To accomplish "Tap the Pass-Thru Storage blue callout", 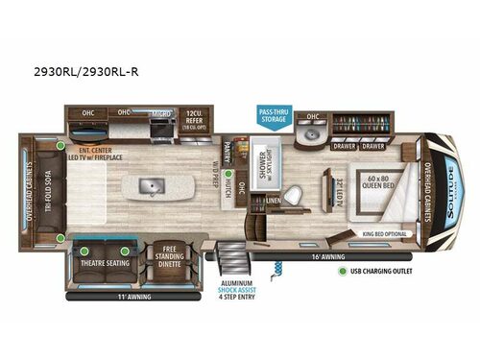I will point(273,116).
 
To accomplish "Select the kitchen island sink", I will point(152,184).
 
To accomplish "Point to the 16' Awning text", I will point(327,256).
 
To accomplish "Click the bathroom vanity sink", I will point(309,135).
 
